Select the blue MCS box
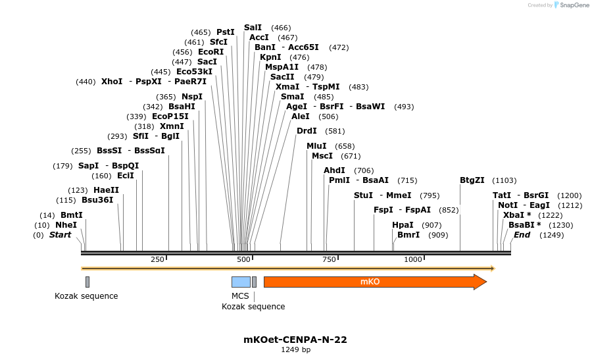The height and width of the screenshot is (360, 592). point(241,282)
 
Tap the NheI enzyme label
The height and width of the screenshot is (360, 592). point(66,225)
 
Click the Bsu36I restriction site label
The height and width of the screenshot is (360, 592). point(97,200)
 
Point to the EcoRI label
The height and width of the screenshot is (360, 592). point(210,52)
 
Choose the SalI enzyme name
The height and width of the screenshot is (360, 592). point(253,28)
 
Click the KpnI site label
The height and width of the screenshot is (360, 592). point(270,57)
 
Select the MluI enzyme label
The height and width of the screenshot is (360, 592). point(316,146)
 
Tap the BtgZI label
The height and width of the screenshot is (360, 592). point(472,180)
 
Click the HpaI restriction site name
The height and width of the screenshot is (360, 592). point(403,225)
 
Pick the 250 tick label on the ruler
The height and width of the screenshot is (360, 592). point(157,260)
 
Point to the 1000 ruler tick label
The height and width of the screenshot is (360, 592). point(412,260)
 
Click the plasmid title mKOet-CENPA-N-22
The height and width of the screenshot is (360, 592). point(295,340)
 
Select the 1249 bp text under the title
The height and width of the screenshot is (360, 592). point(295,350)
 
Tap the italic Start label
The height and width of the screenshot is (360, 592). point(60,235)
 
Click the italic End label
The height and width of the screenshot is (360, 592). point(522,235)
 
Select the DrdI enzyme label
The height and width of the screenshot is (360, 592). point(307,131)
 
